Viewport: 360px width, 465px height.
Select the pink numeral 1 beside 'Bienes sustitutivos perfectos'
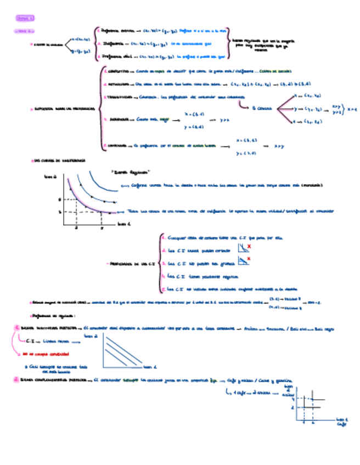pos(18,328)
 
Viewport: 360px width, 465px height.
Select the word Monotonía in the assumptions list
pos(120,119)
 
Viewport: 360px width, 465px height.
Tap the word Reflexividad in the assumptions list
pos(120,84)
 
